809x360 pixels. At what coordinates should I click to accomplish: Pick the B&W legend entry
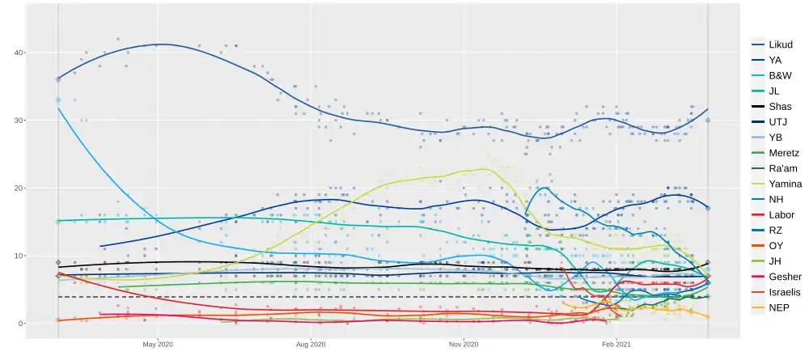(x=777, y=75)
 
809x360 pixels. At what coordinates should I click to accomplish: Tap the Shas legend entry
(x=777, y=107)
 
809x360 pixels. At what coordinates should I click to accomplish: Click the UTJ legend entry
(x=776, y=122)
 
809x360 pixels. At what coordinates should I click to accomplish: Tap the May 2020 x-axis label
(x=159, y=343)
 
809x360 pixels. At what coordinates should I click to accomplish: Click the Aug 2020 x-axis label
(x=311, y=343)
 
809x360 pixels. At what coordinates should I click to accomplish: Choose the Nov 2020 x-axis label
(x=464, y=343)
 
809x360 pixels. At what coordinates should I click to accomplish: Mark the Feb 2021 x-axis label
(x=616, y=343)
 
